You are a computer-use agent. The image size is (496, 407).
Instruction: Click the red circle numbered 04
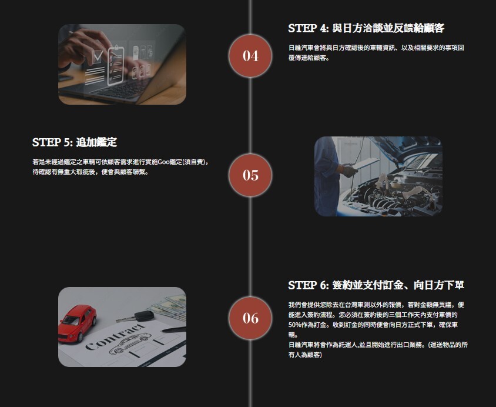pyautogui.click(x=250, y=56)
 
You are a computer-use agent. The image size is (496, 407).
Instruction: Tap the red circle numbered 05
pyautogui.click(x=250, y=175)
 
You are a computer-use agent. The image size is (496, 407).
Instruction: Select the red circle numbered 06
pyautogui.click(x=250, y=318)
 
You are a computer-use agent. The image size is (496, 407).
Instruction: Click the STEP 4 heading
pyautogui.click(x=366, y=28)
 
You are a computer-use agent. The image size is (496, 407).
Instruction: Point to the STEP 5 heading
pyautogui.click(x=74, y=142)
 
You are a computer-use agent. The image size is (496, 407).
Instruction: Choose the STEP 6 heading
pyautogui.click(x=376, y=285)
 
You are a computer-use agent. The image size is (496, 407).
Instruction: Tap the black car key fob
pyautogui.click(x=143, y=315)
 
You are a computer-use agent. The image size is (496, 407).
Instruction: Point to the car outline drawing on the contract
pyautogui.click(x=129, y=345)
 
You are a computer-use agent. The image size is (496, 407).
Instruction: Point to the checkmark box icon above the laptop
pyautogui.click(x=98, y=57)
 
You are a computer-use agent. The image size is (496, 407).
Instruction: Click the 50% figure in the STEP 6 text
pyautogui.click(x=295, y=325)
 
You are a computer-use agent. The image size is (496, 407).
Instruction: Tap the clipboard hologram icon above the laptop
pyautogui.click(x=116, y=65)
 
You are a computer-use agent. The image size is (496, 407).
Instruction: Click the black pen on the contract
pyautogui.click(x=174, y=330)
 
